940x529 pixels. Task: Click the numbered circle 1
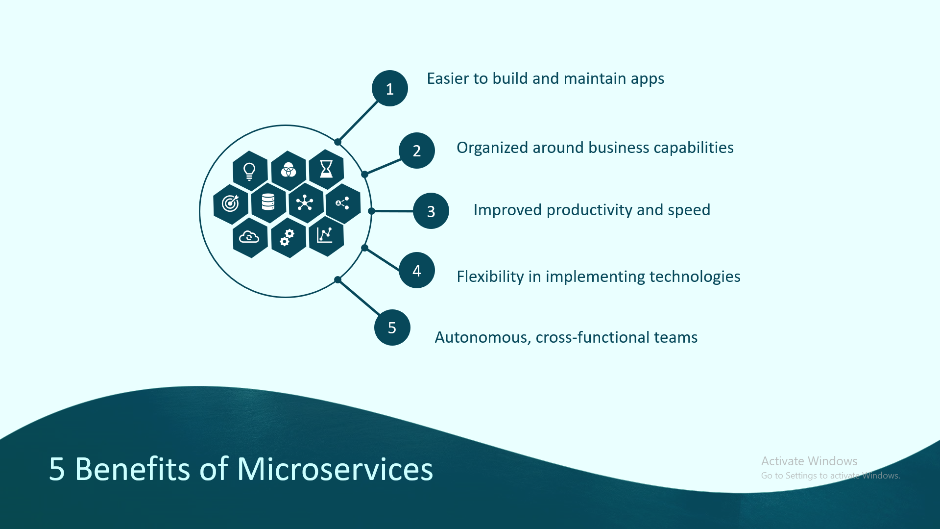(390, 88)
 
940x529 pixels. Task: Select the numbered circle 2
(417, 151)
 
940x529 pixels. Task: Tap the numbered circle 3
(431, 211)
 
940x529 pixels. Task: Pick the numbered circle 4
(417, 270)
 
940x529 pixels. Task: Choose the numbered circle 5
(392, 327)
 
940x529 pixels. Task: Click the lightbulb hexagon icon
(250, 171)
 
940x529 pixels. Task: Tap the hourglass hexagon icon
(326, 170)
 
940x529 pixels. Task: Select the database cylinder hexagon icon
(268, 202)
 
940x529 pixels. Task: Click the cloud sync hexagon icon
(250, 238)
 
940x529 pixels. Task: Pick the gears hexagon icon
(289, 238)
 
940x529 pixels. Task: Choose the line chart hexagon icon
(326, 236)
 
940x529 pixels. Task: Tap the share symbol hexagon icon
(343, 203)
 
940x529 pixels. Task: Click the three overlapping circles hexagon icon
(289, 171)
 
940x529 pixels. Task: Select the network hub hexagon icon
(306, 203)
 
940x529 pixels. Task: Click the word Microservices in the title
(335, 469)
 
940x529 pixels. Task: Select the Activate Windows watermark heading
(809, 461)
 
